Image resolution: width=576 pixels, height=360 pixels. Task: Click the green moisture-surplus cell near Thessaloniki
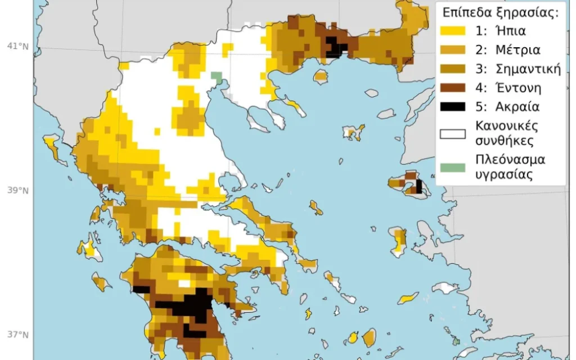216,76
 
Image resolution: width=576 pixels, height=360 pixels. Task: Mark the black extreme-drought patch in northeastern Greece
335,46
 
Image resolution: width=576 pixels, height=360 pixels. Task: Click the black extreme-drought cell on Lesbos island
418,187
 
